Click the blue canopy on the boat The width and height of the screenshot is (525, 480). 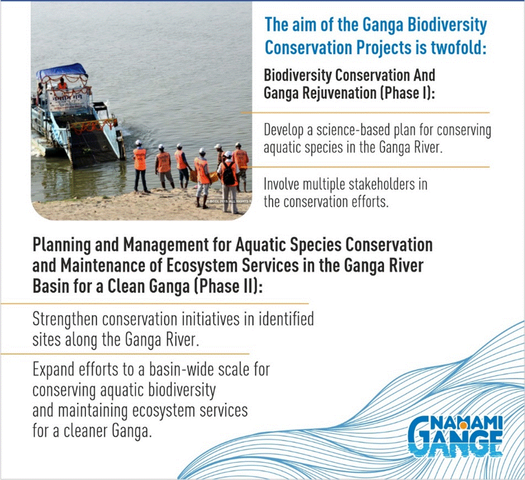62,70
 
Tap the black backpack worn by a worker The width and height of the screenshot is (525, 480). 229,174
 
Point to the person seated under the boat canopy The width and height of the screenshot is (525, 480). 62,84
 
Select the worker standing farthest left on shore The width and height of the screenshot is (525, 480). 140,166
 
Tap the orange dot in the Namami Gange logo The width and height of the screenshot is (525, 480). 463,425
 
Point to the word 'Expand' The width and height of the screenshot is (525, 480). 53,370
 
